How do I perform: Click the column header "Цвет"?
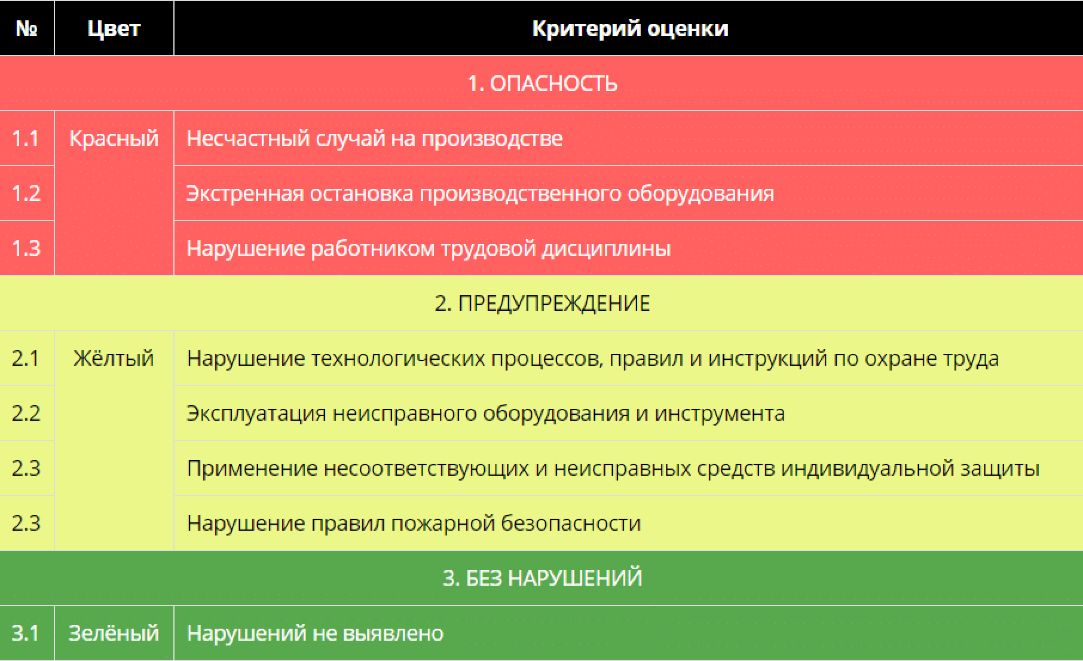pyautogui.click(x=114, y=29)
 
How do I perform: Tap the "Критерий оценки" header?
pyautogui.click(x=630, y=29)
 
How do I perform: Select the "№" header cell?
pyautogui.click(x=27, y=29)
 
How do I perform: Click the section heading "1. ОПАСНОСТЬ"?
pyautogui.click(x=542, y=84)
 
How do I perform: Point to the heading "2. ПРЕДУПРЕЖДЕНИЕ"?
pyautogui.click(x=542, y=304)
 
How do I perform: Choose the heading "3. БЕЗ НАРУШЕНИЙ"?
pyautogui.click(x=542, y=579)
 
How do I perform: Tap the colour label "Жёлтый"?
pyautogui.click(x=114, y=359)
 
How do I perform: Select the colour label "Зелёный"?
pyautogui.click(x=114, y=634)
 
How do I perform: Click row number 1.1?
pyautogui.click(x=26, y=139)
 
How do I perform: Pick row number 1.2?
pyautogui.click(x=26, y=194)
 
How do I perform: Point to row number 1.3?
pyautogui.click(x=26, y=249)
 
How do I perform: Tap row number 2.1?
pyautogui.click(x=26, y=359)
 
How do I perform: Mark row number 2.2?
pyautogui.click(x=26, y=414)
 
